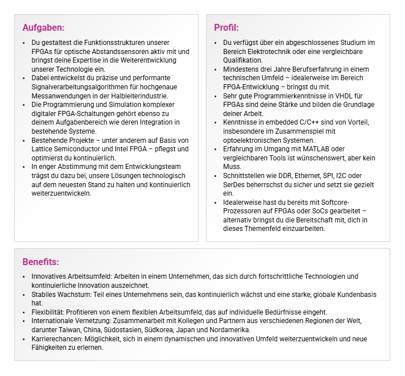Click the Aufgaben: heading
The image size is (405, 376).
(x=43, y=27)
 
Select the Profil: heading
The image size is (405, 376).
(x=226, y=27)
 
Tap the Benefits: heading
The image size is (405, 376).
(x=41, y=262)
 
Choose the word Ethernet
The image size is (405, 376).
(x=308, y=176)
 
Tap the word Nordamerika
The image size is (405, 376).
(x=229, y=330)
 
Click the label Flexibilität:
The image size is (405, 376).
(x=48, y=312)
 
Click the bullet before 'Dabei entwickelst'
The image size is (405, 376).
(x=23, y=78)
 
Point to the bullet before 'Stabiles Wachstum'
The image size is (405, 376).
(x=23, y=295)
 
